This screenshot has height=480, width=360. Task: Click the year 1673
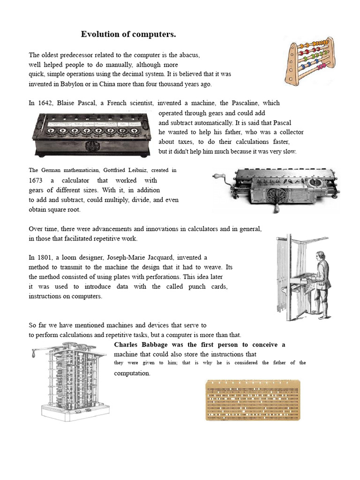36,180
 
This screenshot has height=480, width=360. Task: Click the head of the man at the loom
320,256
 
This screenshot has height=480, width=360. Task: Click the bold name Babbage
157,345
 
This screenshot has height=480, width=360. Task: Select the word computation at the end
132,373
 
